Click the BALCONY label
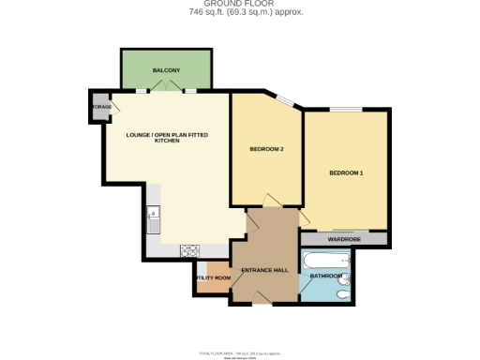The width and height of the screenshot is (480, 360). [x=166, y=70]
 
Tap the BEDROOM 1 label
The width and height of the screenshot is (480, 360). [x=346, y=173]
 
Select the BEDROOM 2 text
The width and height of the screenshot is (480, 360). [x=266, y=149]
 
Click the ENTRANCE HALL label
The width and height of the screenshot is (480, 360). [x=263, y=271]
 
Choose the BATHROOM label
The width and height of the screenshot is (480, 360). [x=326, y=276]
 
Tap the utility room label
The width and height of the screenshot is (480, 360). [x=213, y=277]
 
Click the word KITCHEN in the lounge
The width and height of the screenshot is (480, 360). [x=167, y=141]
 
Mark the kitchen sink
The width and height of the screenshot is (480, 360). [x=152, y=223]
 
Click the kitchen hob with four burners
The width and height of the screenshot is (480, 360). [x=189, y=249]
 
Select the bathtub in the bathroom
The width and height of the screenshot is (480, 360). [x=326, y=260]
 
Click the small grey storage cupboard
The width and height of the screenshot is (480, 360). [x=99, y=107]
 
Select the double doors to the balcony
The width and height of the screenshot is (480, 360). [x=166, y=90]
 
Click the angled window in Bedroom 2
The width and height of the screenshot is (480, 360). [x=285, y=100]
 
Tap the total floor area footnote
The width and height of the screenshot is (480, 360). [x=240, y=352]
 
